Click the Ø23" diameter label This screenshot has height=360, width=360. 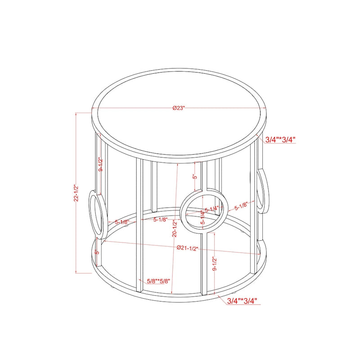pos(179,108)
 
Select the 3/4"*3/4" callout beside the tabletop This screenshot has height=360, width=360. pos(280,139)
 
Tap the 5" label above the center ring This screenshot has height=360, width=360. pos(194,177)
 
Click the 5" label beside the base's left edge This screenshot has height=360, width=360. pos(97,252)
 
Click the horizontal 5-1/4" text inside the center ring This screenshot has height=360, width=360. pos(212,209)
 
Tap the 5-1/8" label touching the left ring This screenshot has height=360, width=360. pos(122,222)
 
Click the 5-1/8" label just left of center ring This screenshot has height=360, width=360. pos(161,220)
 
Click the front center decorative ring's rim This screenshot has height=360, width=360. pos(184,211)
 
